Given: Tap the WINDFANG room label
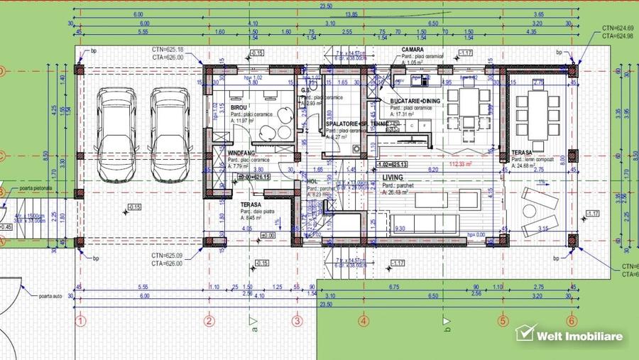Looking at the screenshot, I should pos(242,153).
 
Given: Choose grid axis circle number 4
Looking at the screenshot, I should pos(364,322).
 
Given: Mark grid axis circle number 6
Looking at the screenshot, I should pos(571,322).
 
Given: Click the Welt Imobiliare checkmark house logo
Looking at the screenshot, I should pos(525,334).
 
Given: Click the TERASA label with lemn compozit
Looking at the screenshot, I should pos(523,153).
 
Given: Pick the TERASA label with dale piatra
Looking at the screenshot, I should pos(246,204).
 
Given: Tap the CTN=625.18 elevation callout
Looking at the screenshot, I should pos(167,49).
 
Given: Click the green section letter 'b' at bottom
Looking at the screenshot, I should pos(447,327).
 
